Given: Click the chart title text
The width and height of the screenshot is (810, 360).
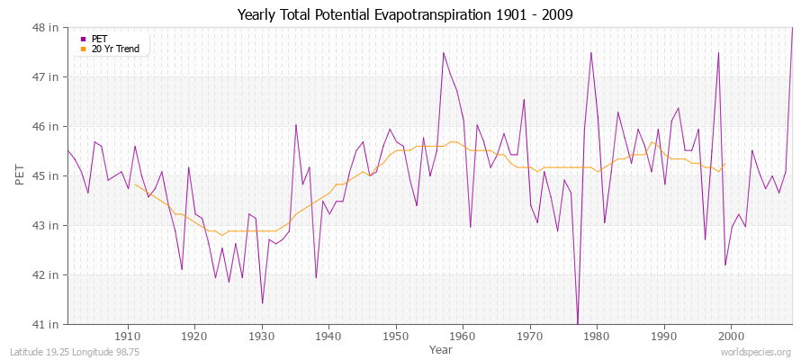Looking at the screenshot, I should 404,14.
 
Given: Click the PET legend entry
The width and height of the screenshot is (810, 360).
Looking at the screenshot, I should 99,39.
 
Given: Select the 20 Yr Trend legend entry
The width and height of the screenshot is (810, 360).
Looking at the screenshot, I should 115,49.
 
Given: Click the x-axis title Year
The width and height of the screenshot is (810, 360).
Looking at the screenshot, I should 441,348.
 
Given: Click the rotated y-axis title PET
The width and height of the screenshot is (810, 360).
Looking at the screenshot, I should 21,175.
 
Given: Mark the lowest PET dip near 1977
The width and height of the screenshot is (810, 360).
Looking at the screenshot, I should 578,322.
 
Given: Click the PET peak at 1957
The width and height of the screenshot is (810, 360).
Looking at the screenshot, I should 444,52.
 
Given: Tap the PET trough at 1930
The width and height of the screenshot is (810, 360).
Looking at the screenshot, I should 262,302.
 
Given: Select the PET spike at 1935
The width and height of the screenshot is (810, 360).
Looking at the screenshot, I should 295,124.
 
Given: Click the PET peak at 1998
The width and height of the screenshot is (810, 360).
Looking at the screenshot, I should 718,52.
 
